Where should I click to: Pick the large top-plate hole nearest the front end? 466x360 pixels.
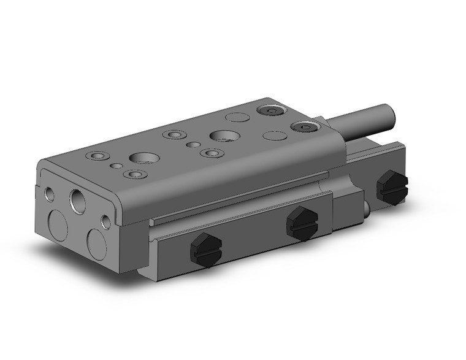(142, 158)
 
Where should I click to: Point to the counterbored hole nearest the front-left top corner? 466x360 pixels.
(94, 156)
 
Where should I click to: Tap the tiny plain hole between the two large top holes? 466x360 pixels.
(193, 145)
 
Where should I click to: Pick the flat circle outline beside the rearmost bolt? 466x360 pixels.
(235, 116)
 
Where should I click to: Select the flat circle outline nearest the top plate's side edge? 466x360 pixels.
(270, 137)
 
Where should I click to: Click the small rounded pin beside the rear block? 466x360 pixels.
(365, 211)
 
